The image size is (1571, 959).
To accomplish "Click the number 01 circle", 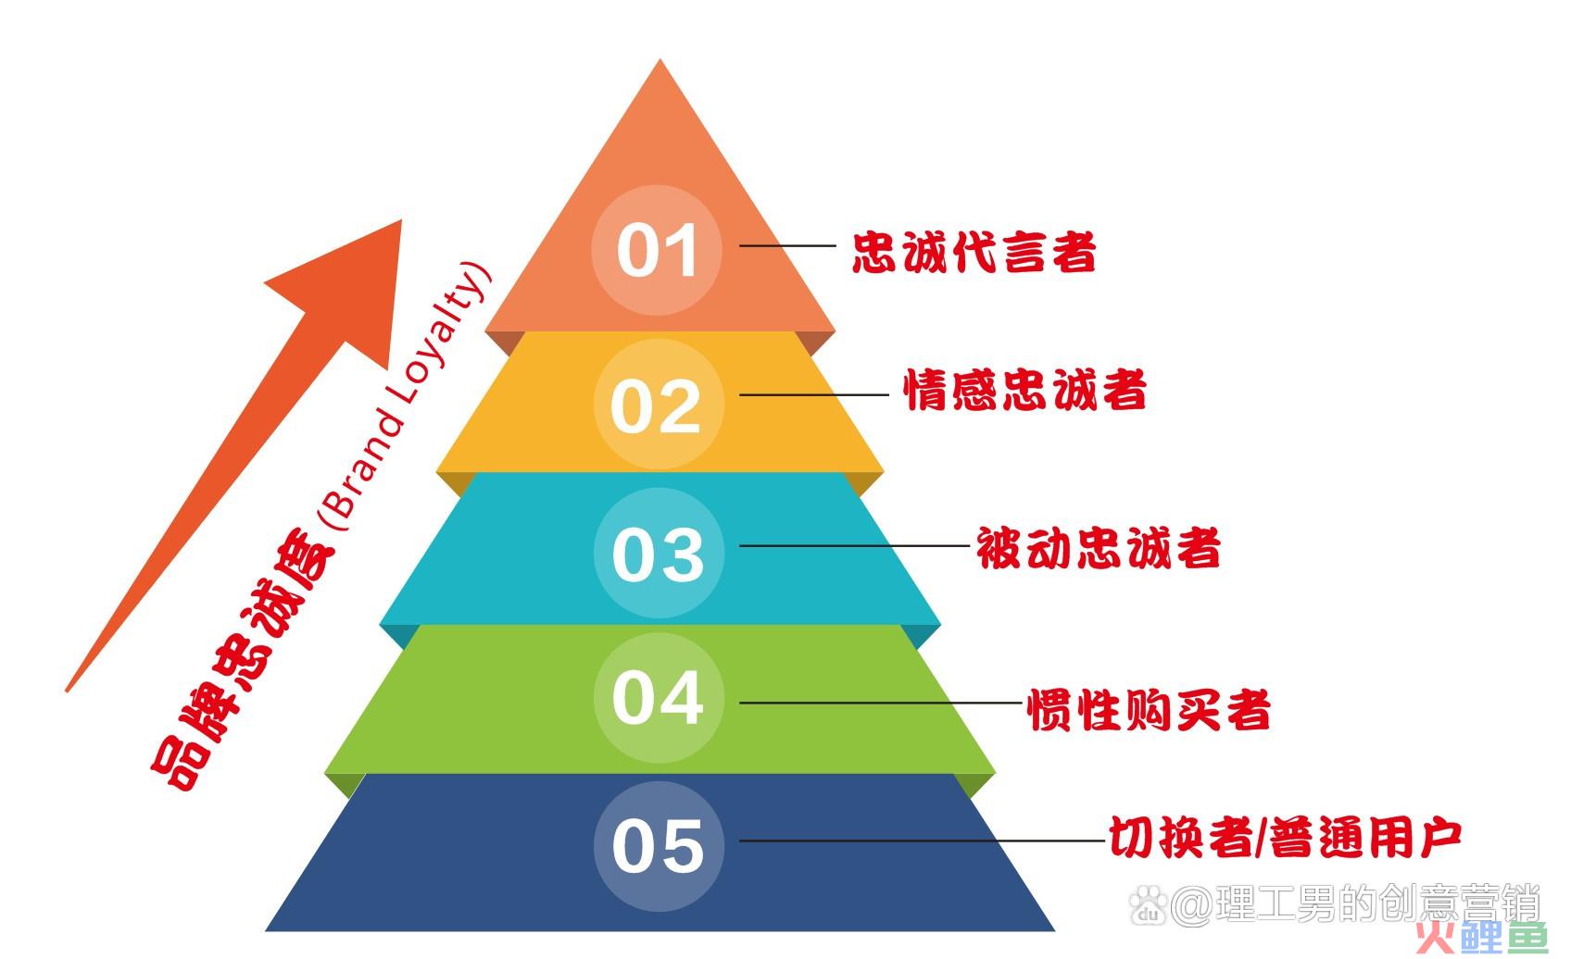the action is coord(657,250).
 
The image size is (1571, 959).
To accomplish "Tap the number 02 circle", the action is coord(658,405).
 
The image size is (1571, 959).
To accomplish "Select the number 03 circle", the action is coord(659,554).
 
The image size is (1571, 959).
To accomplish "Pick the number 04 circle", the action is coord(659,698).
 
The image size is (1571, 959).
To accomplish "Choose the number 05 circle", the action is coord(659,846).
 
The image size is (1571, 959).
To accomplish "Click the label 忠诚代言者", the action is coord(974,253).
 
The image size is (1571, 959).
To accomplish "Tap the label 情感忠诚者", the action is coord(1024,390).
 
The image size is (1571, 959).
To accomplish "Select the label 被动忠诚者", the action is coord(1099,547).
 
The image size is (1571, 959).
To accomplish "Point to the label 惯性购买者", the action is coord(1149,709).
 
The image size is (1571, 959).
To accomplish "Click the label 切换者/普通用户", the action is coord(1285,837).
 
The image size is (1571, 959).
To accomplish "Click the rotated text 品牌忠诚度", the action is coord(243,660).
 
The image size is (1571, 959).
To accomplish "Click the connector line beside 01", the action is coord(787,245).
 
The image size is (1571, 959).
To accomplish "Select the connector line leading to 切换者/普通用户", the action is coord(922,840).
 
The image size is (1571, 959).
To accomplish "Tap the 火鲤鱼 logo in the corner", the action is coord(1481,938).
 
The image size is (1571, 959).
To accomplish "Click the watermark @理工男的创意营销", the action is coord(1336,904).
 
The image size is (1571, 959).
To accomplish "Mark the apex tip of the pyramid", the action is coord(660,59).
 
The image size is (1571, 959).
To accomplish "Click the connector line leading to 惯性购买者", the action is coord(880,703).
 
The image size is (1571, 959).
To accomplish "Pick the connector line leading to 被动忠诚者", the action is coord(854,545).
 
